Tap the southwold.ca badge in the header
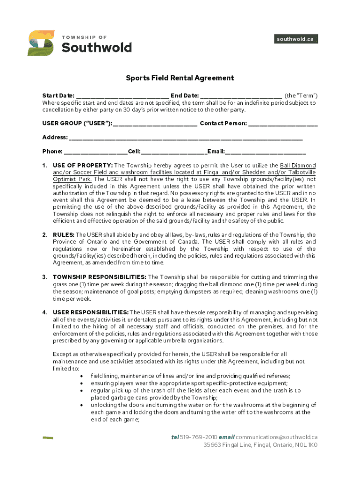click(295, 39)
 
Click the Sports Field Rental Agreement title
click(180, 78)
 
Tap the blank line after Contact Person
click(283, 124)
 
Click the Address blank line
click(186, 138)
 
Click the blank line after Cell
click(174, 152)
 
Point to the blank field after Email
click(266, 152)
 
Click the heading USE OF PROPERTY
click(83, 166)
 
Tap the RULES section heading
click(64, 235)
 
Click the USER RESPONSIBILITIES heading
click(91, 312)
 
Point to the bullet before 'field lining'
click(83, 376)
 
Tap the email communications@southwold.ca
click(277, 437)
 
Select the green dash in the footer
click(48, 438)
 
